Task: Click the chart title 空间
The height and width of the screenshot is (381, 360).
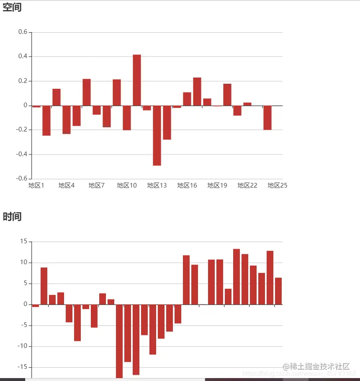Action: (12, 8)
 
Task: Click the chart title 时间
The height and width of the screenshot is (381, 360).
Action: (12, 217)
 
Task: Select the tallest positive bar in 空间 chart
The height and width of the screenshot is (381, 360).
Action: (137, 80)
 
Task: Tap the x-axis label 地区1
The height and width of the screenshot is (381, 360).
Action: (36, 185)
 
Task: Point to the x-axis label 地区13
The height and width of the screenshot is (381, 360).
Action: (157, 185)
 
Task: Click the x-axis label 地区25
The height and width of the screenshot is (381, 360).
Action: (278, 185)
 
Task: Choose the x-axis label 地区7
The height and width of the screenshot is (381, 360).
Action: (97, 185)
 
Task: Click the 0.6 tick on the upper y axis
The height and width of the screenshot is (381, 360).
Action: (23, 32)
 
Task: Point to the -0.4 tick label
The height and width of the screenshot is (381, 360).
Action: (21, 154)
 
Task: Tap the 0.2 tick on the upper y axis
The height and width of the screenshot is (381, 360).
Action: (23, 81)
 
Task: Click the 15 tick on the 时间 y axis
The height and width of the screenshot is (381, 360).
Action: (23, 242)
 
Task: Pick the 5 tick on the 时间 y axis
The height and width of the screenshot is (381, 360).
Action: (25, 283)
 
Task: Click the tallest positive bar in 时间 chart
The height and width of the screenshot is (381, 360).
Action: (237, 276)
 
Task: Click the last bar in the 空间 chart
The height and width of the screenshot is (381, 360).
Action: (267, 118)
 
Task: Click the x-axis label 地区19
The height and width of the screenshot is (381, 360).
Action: (217, 185)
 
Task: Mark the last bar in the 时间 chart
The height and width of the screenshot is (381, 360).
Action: (278, 291)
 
